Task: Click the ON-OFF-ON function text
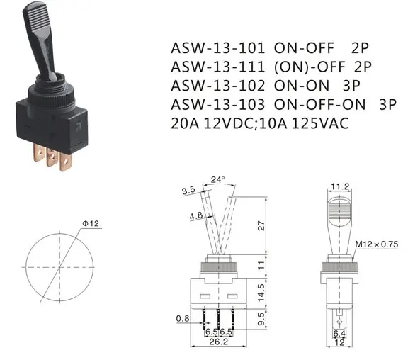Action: coord(328,104)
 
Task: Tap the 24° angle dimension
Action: coord(217,181)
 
